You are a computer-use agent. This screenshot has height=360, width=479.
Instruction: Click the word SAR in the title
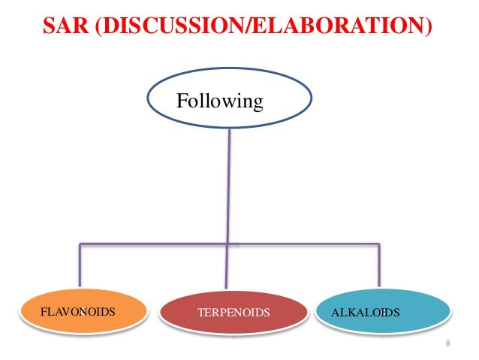(x=63, y=29)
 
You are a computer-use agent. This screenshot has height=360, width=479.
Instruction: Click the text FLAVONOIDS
(x=73, y=311)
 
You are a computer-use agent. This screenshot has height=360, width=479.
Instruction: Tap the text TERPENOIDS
(x=232, y=312)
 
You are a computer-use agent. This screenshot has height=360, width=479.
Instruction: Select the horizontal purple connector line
(x=150, y=244)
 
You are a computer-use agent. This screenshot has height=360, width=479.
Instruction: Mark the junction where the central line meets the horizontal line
(x=227, y=244)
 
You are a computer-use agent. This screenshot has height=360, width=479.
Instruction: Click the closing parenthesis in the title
(x=429, y=29)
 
